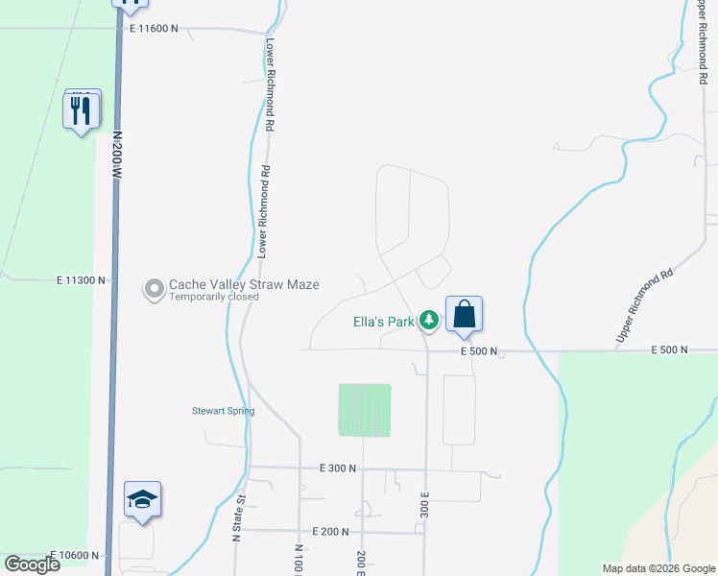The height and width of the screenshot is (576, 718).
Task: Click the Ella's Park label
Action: [382, 322]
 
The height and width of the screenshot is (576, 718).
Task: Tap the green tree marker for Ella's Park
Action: [429, 322]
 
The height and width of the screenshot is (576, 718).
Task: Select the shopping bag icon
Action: [464, 315]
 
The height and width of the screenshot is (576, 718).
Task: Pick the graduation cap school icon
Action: [142, 500]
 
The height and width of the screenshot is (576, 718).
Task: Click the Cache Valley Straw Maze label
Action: [244, 284]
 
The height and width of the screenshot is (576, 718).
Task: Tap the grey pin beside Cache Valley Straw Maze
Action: [154, 288]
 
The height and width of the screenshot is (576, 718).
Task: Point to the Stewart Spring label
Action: [222, 411]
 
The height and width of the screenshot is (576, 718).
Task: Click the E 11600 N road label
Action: [154, 29]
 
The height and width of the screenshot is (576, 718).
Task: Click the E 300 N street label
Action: [338, 468]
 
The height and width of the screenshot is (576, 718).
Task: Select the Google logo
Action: [32, 564]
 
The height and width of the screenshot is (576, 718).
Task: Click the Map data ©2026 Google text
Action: [658, 568]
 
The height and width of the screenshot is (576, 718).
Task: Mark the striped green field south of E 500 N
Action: [365, 410]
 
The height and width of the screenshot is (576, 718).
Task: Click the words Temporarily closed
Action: [214, 298]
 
